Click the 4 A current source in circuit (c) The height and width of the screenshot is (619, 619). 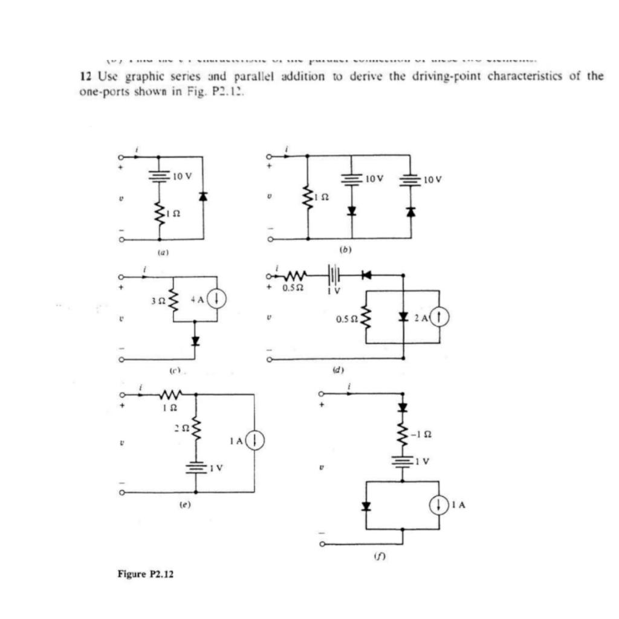(x=218, y=298)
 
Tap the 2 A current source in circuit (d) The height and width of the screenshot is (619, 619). (x=439, y=317)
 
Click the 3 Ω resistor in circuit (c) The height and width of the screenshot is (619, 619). (x=174, y=298)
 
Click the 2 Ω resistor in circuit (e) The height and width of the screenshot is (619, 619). (x=195, y=430)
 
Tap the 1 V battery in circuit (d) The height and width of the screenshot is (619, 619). (x=334, y=273)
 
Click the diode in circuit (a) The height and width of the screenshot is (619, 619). (x=203, y=196)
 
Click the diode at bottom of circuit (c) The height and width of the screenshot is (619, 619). (x=195, y=340)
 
